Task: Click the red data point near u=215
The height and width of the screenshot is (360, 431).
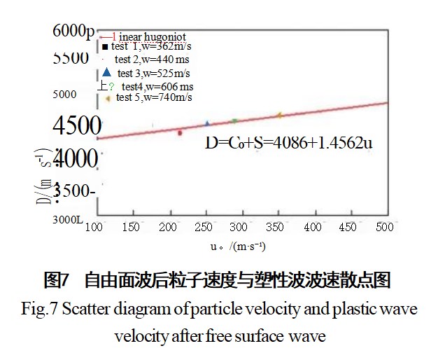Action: (180, 132)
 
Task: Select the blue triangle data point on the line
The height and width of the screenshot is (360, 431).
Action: (207, 123)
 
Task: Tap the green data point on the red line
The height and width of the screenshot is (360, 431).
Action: (234, 120)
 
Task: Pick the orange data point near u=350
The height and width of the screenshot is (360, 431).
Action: (279, 114)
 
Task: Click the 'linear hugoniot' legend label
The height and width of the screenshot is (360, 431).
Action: (149, 35)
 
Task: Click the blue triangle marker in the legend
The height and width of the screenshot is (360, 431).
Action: (106, 72)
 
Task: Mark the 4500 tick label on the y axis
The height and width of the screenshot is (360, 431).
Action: (76, 127)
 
